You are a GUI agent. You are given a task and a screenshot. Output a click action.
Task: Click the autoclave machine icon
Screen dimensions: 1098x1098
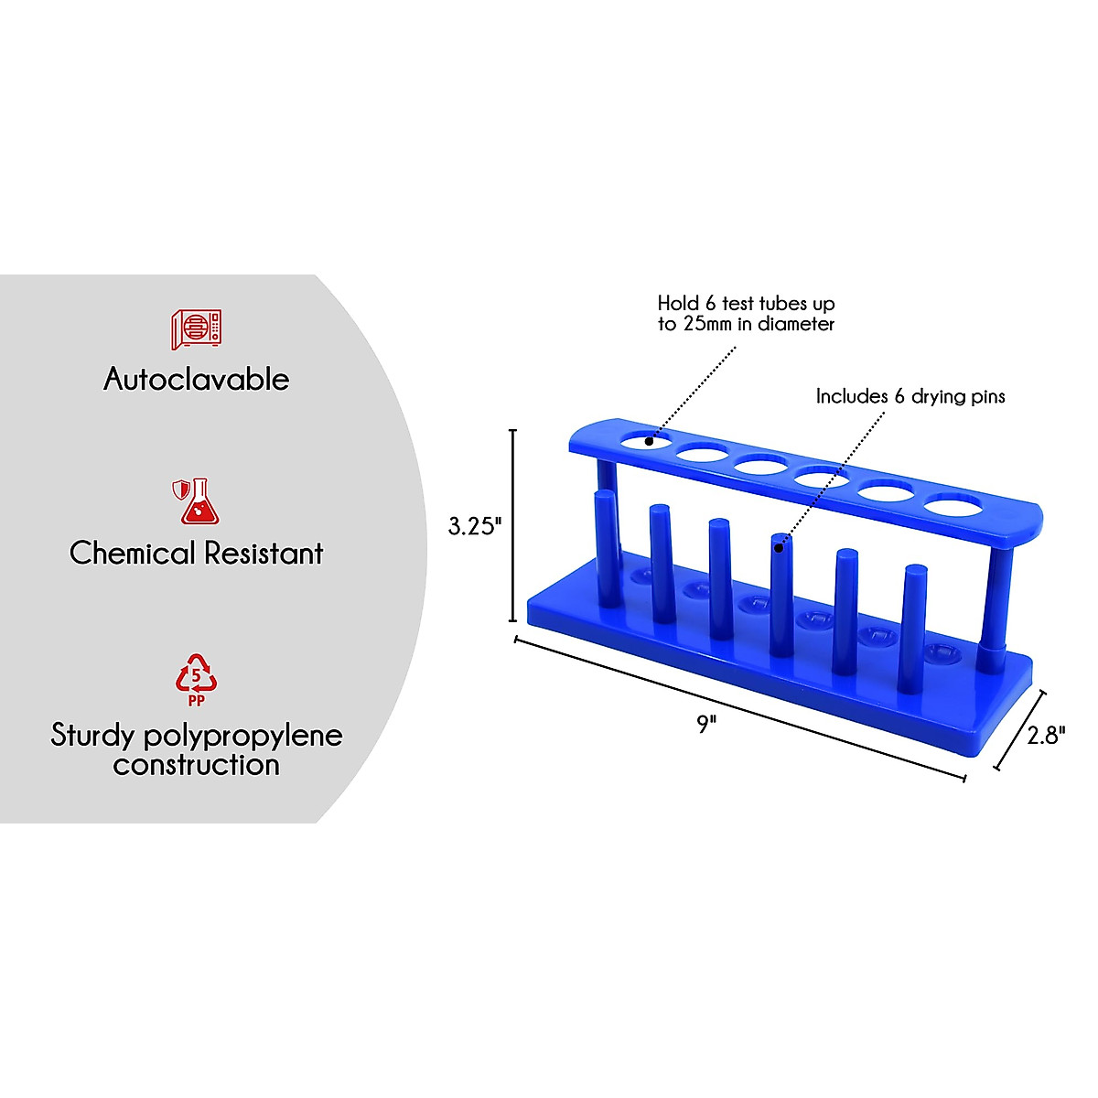click(x=197, y=329)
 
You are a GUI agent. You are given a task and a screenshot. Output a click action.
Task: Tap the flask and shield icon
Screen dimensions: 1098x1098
click(x=196, y=501)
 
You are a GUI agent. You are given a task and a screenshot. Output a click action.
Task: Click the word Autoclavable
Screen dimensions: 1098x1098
click(x=196, y=379)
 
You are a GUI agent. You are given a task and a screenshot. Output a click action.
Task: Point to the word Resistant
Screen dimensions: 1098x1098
click(x=264, y=554)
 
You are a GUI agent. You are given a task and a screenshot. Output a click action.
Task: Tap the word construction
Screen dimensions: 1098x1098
click(x=196, y=765)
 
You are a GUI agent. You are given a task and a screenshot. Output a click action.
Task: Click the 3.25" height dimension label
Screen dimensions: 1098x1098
click(x=474, y=527)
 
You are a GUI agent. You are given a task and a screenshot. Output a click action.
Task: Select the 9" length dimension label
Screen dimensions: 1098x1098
click(x=706, y=725)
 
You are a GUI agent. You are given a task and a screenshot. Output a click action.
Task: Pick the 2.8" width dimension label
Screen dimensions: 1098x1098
click(x=1046, y=735)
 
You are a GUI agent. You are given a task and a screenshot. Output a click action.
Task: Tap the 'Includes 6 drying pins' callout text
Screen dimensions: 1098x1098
click(x=910, y=396)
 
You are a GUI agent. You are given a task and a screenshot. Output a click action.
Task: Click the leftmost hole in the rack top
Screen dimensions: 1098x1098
click(x=646, y=441)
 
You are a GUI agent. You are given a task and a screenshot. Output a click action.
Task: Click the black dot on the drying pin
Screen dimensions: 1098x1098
click(x=779, y=548)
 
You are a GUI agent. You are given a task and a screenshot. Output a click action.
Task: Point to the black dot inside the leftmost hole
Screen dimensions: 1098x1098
click(x=649, y=443)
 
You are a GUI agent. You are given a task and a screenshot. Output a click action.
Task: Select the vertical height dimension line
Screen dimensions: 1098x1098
click(x=513, y=525)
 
